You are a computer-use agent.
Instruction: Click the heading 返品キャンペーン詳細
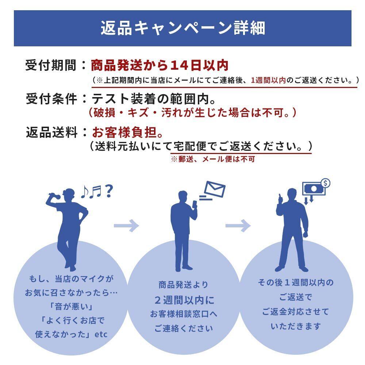[183, 28]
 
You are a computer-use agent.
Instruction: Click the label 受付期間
[51, 65]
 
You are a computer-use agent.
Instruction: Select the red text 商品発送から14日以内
[160, 65]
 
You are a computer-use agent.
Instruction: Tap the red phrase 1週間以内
[268, 80]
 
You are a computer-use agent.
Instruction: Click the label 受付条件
[51, 99]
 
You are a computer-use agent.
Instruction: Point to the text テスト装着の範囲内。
[153, 99]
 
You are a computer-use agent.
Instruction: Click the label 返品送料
[51, 132]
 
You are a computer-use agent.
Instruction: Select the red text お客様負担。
[127, 132]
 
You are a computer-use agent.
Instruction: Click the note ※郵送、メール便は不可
[213, 159]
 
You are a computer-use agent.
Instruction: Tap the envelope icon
[214, 189]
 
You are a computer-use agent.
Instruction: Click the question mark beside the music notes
[108, 191]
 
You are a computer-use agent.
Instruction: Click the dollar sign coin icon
[326, 183]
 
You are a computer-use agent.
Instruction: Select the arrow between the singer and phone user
[126, 225]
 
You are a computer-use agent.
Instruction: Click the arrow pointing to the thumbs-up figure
[238, 225]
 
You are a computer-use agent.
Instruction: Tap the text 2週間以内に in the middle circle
[184, 300]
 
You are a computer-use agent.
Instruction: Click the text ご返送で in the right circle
[296, 297]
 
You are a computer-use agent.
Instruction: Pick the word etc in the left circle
[101, 334]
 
